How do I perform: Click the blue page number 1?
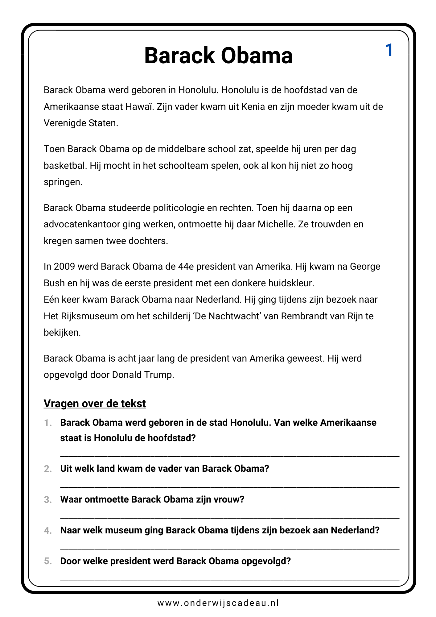pos(389,50)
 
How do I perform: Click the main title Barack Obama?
pos(218,56)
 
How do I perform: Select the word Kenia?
pos(253,107)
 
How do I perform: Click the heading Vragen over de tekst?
pos(95,404)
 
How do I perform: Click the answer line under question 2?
pos(230,487)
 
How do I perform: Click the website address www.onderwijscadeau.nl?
pos(218,603)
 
